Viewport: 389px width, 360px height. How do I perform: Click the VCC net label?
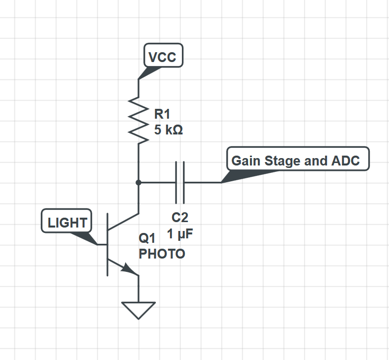(x=163, y=57)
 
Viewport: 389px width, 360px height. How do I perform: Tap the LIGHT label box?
(x=67, y=223)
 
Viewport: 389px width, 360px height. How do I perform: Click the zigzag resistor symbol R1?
(x=139, y=120)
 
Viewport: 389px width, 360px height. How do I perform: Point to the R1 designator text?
(x=162, y=115)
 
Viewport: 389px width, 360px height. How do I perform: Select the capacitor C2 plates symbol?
(x=180, y=183)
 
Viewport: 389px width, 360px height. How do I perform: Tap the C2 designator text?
(x=179, y=217)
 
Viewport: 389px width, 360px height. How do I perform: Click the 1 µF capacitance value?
(x=179, y=234)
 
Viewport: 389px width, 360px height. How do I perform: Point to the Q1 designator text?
(x=147, y=239)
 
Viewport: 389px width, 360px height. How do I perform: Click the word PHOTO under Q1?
(x=162, y=254)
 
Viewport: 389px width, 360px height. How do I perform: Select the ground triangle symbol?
(x=139, y=309)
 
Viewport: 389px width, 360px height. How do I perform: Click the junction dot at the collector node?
(x=139, y=183)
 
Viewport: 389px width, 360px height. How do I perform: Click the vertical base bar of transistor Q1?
(x=107, y=244)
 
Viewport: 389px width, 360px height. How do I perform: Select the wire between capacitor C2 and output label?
(x=202, y=183)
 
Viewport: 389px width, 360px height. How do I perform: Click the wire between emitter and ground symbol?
(x=139, y=288)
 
